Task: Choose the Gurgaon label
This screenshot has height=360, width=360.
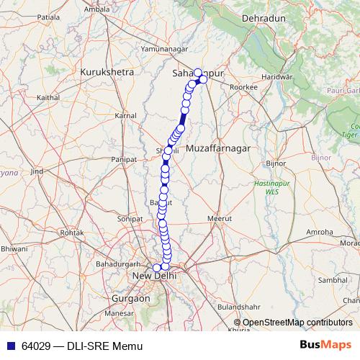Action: coord(131,297)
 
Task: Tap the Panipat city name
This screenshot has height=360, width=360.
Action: coord(124,158)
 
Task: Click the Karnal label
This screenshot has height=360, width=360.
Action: coord(125,115)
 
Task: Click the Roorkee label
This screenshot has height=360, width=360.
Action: coord(243,86)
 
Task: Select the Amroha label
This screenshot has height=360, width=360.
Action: coord(320,232)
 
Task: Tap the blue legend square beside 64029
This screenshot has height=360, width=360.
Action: coord(10,346)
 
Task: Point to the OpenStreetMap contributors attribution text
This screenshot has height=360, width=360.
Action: coord(297,323)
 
